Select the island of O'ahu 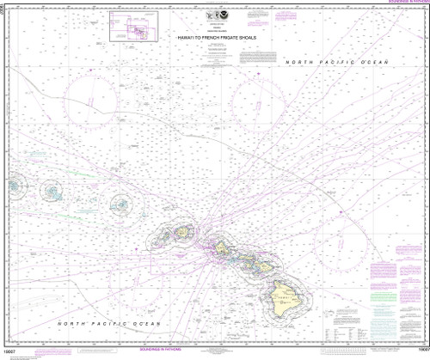coord(220,248)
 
